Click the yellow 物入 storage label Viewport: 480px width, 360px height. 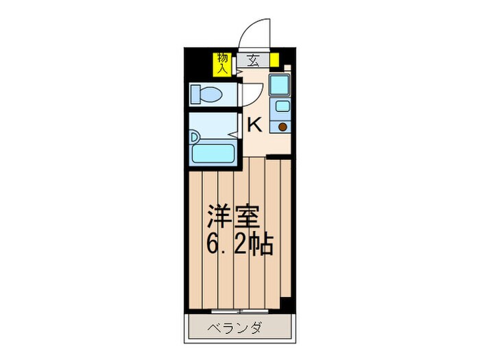click(222, 62)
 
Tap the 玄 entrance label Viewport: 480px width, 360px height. click(252, 60)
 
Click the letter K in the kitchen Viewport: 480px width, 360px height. click(254, 125)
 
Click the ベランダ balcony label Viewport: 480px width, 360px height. click(235, 328)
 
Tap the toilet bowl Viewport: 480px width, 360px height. click(213, 94)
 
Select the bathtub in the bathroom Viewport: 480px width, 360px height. click(213, 152)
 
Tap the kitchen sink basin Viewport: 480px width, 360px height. click(280, 106)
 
